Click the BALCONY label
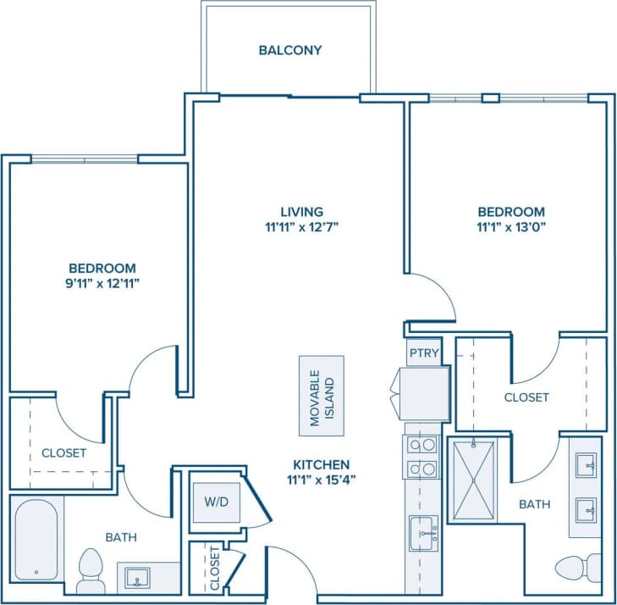click(289, 50)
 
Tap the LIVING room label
click(302, 211)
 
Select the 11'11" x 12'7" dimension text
click(302, 226)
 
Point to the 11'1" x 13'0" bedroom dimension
click(510, 226)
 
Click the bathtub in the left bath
click(37, 541)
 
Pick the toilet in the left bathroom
click(89, 571)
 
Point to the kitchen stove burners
click(421, 457)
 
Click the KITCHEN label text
click(321, 464)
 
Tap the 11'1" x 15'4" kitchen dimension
click(321, 480)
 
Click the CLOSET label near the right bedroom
click(526, 397)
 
